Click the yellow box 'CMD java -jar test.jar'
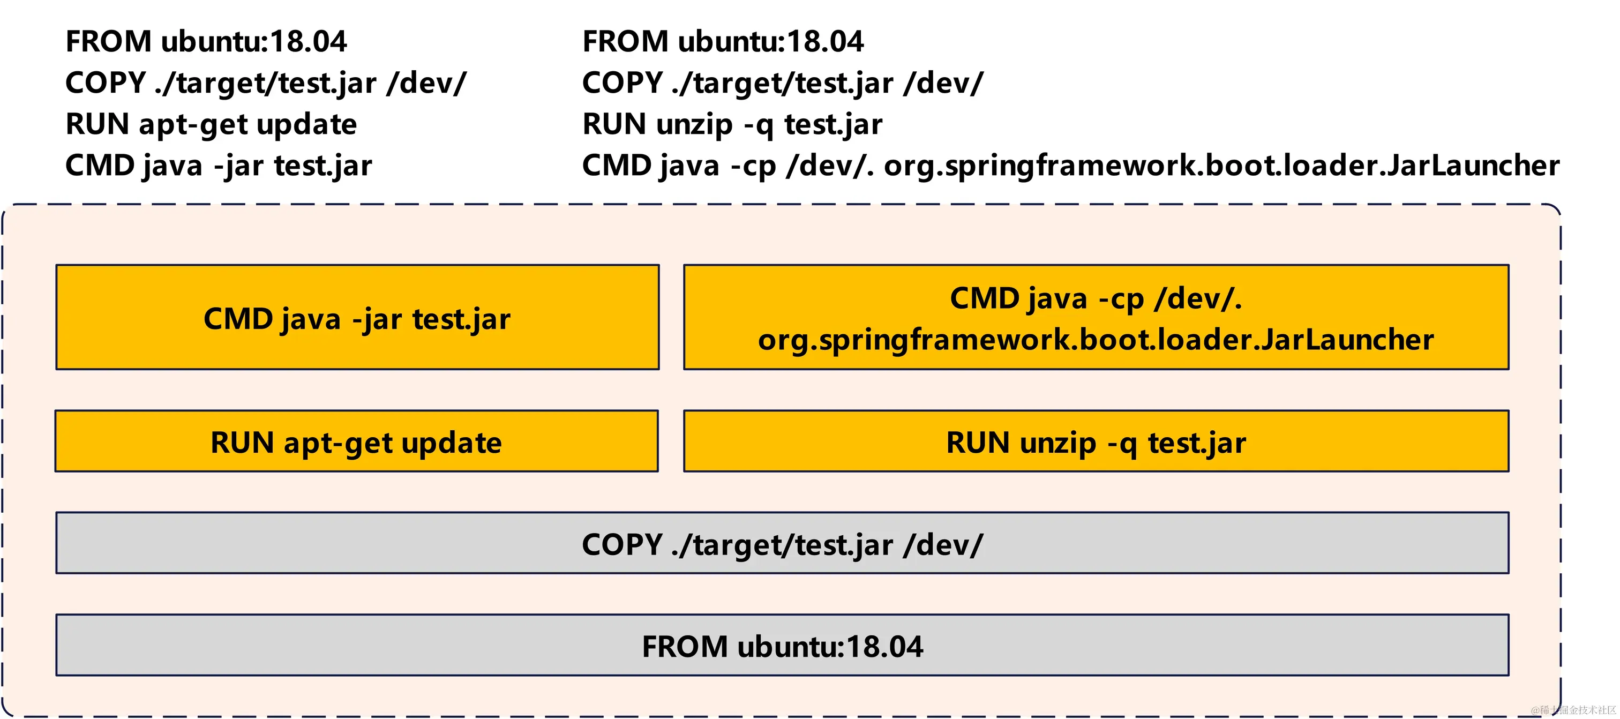(x=357, y=318)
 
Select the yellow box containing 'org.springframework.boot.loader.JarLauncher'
(x=1096, y=318)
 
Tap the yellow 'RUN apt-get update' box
(x=357, y=441)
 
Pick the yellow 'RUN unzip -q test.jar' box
(x=1096, y=441)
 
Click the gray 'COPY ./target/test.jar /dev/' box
(x=782, y=543)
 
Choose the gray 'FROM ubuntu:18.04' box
(x=782, y=646)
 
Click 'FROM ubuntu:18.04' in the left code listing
(x=206, y=41)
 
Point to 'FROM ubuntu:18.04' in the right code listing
(x=723, y=41)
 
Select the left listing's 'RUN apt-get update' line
(x=211, y=124)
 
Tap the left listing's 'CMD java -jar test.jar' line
(x=218, y=166)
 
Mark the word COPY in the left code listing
(x=105, y=83)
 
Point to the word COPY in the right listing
(x=622, y=83)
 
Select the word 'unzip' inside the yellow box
(x=1057, y=443)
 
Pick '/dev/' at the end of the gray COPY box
(x=943, y=544)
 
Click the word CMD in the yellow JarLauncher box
(x=985, y=298)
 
